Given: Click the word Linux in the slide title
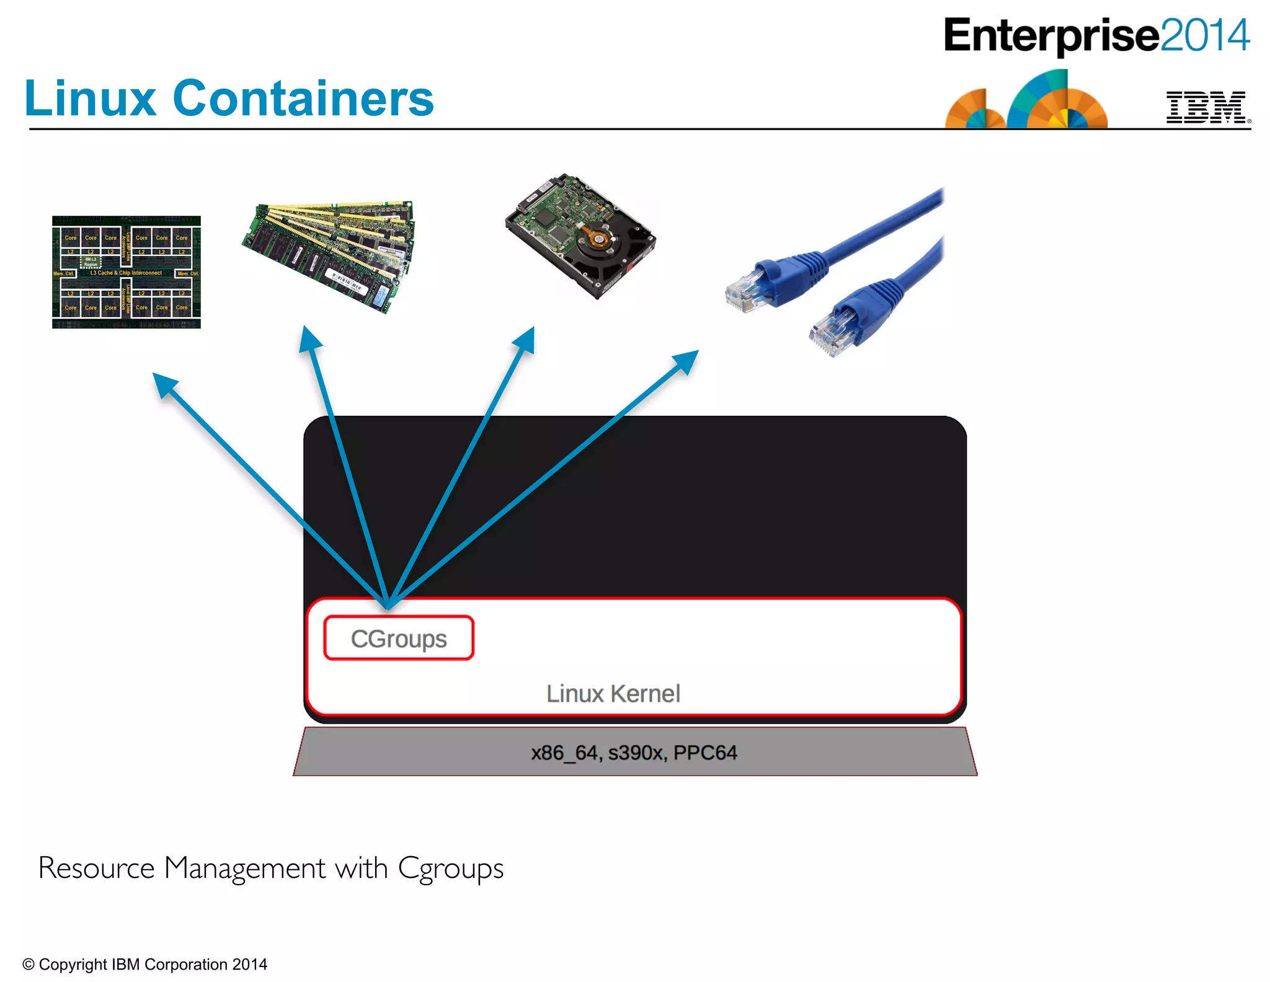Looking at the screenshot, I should (90, 99).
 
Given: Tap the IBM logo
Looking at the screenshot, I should (1207, 108).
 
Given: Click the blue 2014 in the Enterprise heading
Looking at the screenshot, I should (1204, 35).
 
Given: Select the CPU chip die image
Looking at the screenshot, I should (127, 272).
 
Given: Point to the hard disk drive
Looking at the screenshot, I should (580, 236).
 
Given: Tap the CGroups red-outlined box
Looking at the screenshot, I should (399, 638).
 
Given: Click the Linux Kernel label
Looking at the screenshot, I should (613, 694).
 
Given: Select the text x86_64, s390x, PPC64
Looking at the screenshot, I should (634, 753).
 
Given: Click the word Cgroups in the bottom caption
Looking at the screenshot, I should (450, 869).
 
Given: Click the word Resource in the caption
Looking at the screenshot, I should (96, 868).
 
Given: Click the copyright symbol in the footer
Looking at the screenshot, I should (29, 965).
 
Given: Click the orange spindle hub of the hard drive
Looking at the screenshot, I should (595, 239).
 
